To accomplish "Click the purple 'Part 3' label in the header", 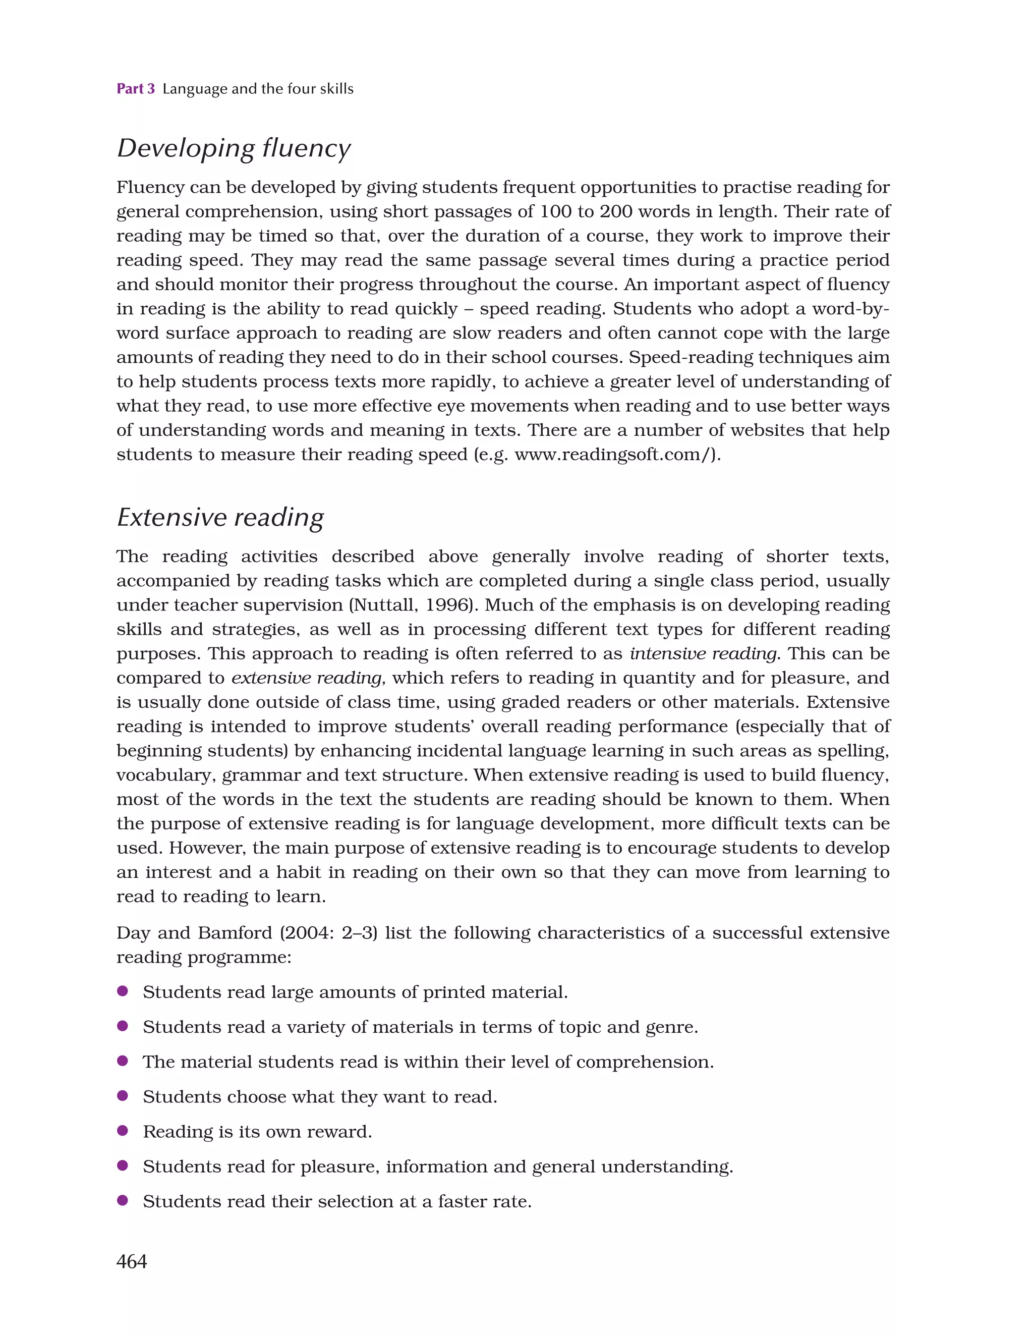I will (136, 89).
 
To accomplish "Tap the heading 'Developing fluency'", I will (234, 148).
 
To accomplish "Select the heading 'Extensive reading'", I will (220, 517).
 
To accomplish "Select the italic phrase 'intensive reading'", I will (704, 653).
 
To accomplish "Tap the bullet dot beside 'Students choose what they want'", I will (122, 1096).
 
